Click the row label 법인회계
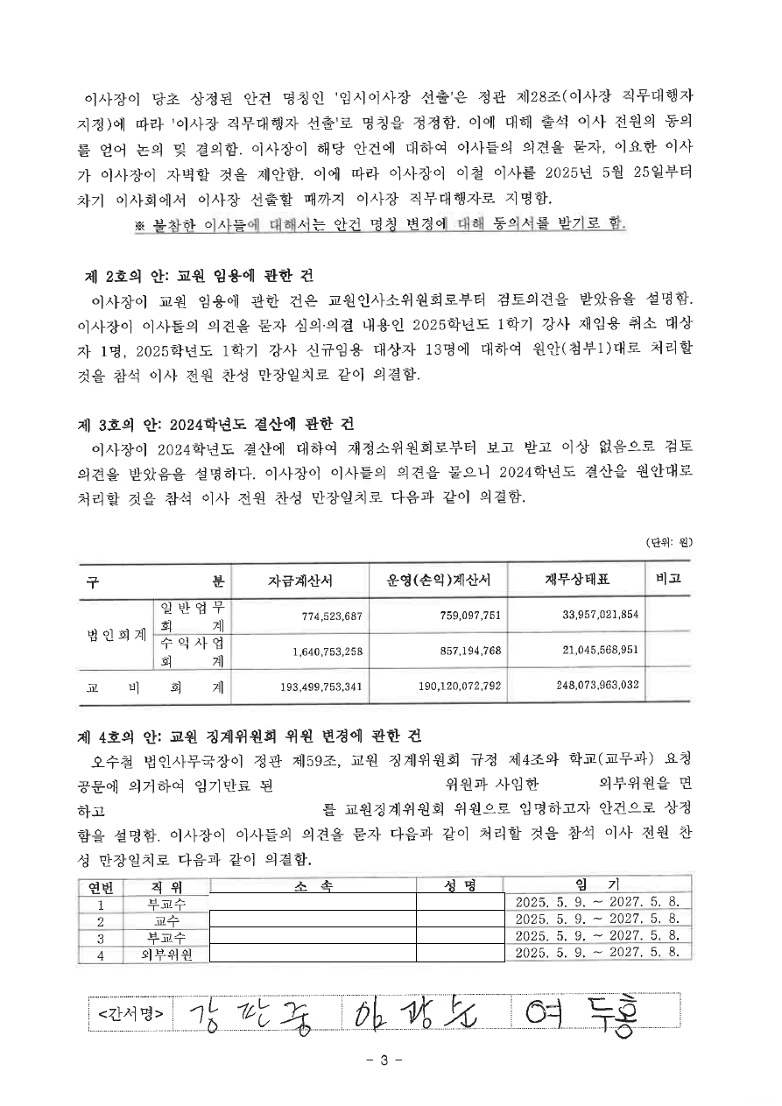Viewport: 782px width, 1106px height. [116, 634]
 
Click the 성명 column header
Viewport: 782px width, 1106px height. [460, 887]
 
